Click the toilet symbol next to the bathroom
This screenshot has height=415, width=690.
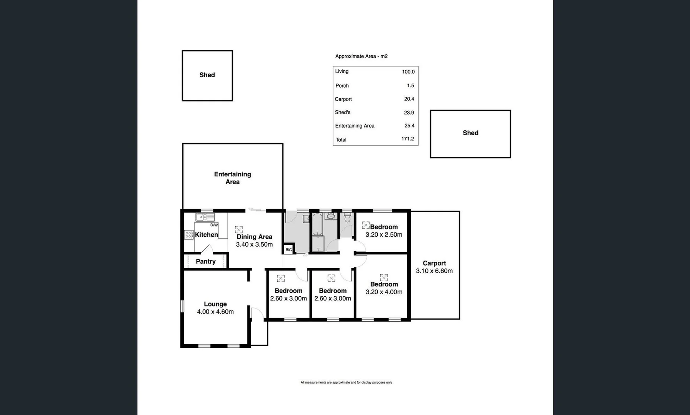point(347,219)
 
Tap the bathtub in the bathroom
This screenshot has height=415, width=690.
point(317,224)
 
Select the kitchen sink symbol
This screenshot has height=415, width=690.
point(205,217)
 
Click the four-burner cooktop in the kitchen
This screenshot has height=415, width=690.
point(189,234)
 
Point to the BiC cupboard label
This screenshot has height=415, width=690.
point(288,250)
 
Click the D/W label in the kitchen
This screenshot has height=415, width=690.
point(214,225)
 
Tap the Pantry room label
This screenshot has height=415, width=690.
point(206,261)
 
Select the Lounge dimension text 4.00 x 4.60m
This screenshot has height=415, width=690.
point(215,312)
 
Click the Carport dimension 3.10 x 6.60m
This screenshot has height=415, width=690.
point(434,271)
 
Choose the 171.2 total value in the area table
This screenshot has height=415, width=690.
point(408,139)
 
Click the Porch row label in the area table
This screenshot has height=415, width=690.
point(342,86)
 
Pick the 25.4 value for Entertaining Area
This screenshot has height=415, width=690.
point(409,126)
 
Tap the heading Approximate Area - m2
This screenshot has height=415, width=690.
point(361,56)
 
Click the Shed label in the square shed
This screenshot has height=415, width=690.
point(207,75)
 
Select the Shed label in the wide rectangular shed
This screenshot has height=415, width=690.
point(470,133)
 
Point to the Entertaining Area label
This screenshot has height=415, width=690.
point(232,178)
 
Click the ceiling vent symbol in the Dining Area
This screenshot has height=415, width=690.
point(239,230)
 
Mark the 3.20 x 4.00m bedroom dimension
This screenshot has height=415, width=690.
point(384,292)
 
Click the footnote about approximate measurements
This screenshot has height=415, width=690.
point(346,382)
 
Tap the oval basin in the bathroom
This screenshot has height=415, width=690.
point(330,216)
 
